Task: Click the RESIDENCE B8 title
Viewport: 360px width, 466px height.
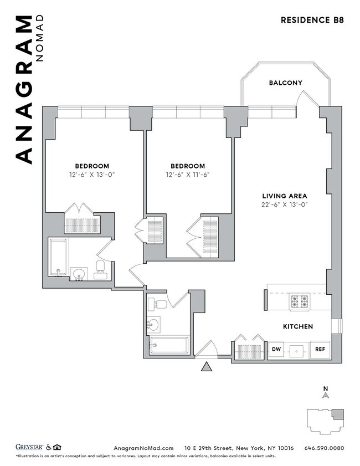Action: click(312, 19)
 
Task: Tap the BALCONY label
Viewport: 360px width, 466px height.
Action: click(285, 83)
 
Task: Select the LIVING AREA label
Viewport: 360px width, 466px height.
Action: click(285, 196)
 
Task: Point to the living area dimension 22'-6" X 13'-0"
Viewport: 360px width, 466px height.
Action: click(285, 204)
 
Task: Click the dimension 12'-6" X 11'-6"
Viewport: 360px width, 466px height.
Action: click(188, 175)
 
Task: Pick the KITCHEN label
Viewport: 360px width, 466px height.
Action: click(298, 327)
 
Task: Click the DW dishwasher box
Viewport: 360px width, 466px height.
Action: click(275, 350)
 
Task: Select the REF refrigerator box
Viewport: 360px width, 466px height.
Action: click(320, 350)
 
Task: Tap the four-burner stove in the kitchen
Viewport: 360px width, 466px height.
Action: click(299, 301)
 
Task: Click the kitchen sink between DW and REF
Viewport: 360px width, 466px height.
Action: click(298, 350)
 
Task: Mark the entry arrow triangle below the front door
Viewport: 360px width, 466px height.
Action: click(207, 366)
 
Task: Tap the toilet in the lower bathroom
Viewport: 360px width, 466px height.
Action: click(158, 304)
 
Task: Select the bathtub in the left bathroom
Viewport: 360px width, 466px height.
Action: click(58, 257)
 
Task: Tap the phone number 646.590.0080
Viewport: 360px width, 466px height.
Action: click(324, 448)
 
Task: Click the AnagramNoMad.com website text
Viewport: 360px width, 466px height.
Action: click(143, 448)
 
